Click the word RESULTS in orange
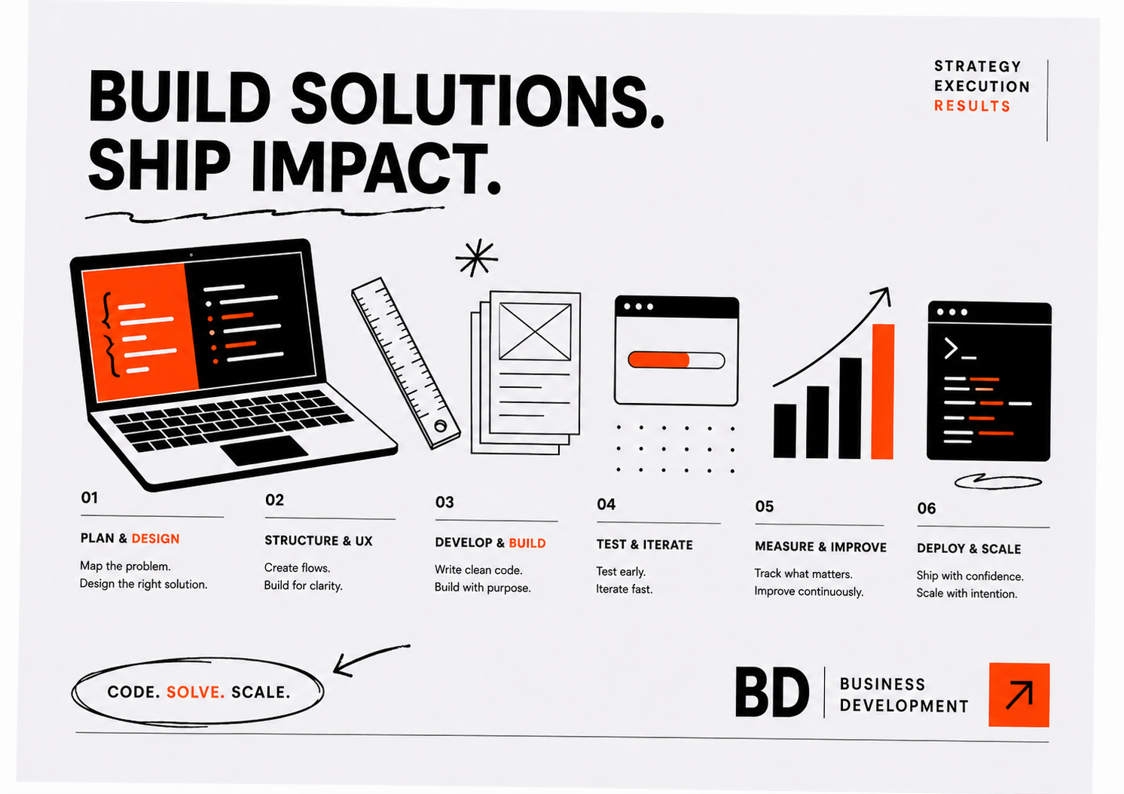pos(972,106)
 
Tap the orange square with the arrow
pos(1019,695)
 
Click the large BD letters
pos(771,692)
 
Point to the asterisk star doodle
pos(476,258)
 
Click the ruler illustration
pos(405,363)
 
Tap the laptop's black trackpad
pos(264,450)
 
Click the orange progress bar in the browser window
pos(659,360)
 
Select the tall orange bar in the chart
pos(883,392)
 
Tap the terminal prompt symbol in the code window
pos(959,349)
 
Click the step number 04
pos(606,505)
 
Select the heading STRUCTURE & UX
pos(319,541)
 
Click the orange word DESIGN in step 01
pos(155,539)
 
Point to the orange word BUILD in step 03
pos(527,543)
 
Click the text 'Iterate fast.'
pos(625,589)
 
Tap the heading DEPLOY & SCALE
pos(969,548)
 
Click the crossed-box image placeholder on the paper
pos(535,331)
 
